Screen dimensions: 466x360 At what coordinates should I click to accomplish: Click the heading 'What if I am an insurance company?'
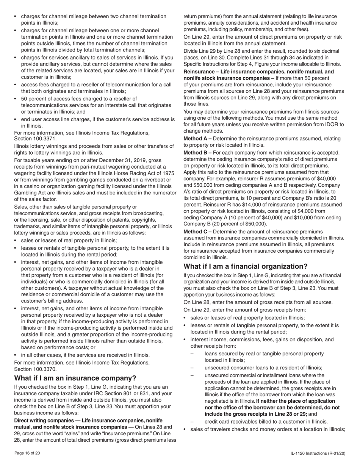(x=75, y=378)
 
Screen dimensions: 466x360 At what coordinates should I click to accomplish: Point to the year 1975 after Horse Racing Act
(x=168, y=173)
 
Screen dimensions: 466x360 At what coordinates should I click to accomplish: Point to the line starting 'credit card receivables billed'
(x=266, y=422)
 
